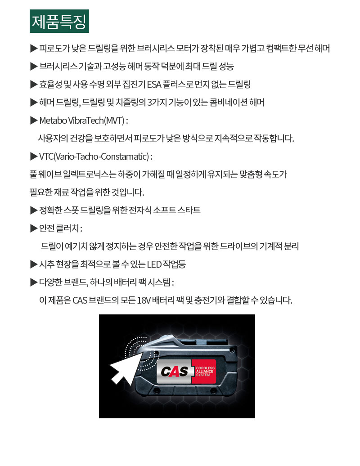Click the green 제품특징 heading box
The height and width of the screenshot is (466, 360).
coord(59,21)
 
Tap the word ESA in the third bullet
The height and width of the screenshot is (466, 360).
coord(154,85)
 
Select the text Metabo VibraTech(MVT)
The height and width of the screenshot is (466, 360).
coord(82,121)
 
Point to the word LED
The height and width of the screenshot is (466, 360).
coord(154,264)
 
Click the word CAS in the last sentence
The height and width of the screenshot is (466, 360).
coord(80,300)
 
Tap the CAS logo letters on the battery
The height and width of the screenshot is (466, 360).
coord(175,372)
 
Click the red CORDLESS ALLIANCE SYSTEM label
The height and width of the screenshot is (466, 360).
coord(205,372)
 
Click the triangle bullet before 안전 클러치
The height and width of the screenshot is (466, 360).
coord(34,228)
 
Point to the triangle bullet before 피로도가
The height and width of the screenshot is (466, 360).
coord(34,49)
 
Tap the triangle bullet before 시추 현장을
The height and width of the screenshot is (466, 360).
coord(34,264)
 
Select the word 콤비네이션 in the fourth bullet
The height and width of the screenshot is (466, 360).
coord(224,103)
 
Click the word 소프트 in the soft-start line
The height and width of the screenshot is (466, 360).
coord(164,210)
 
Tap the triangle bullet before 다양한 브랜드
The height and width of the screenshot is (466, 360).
coord(34,282)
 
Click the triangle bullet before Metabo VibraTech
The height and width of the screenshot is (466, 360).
coord(34,121)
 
